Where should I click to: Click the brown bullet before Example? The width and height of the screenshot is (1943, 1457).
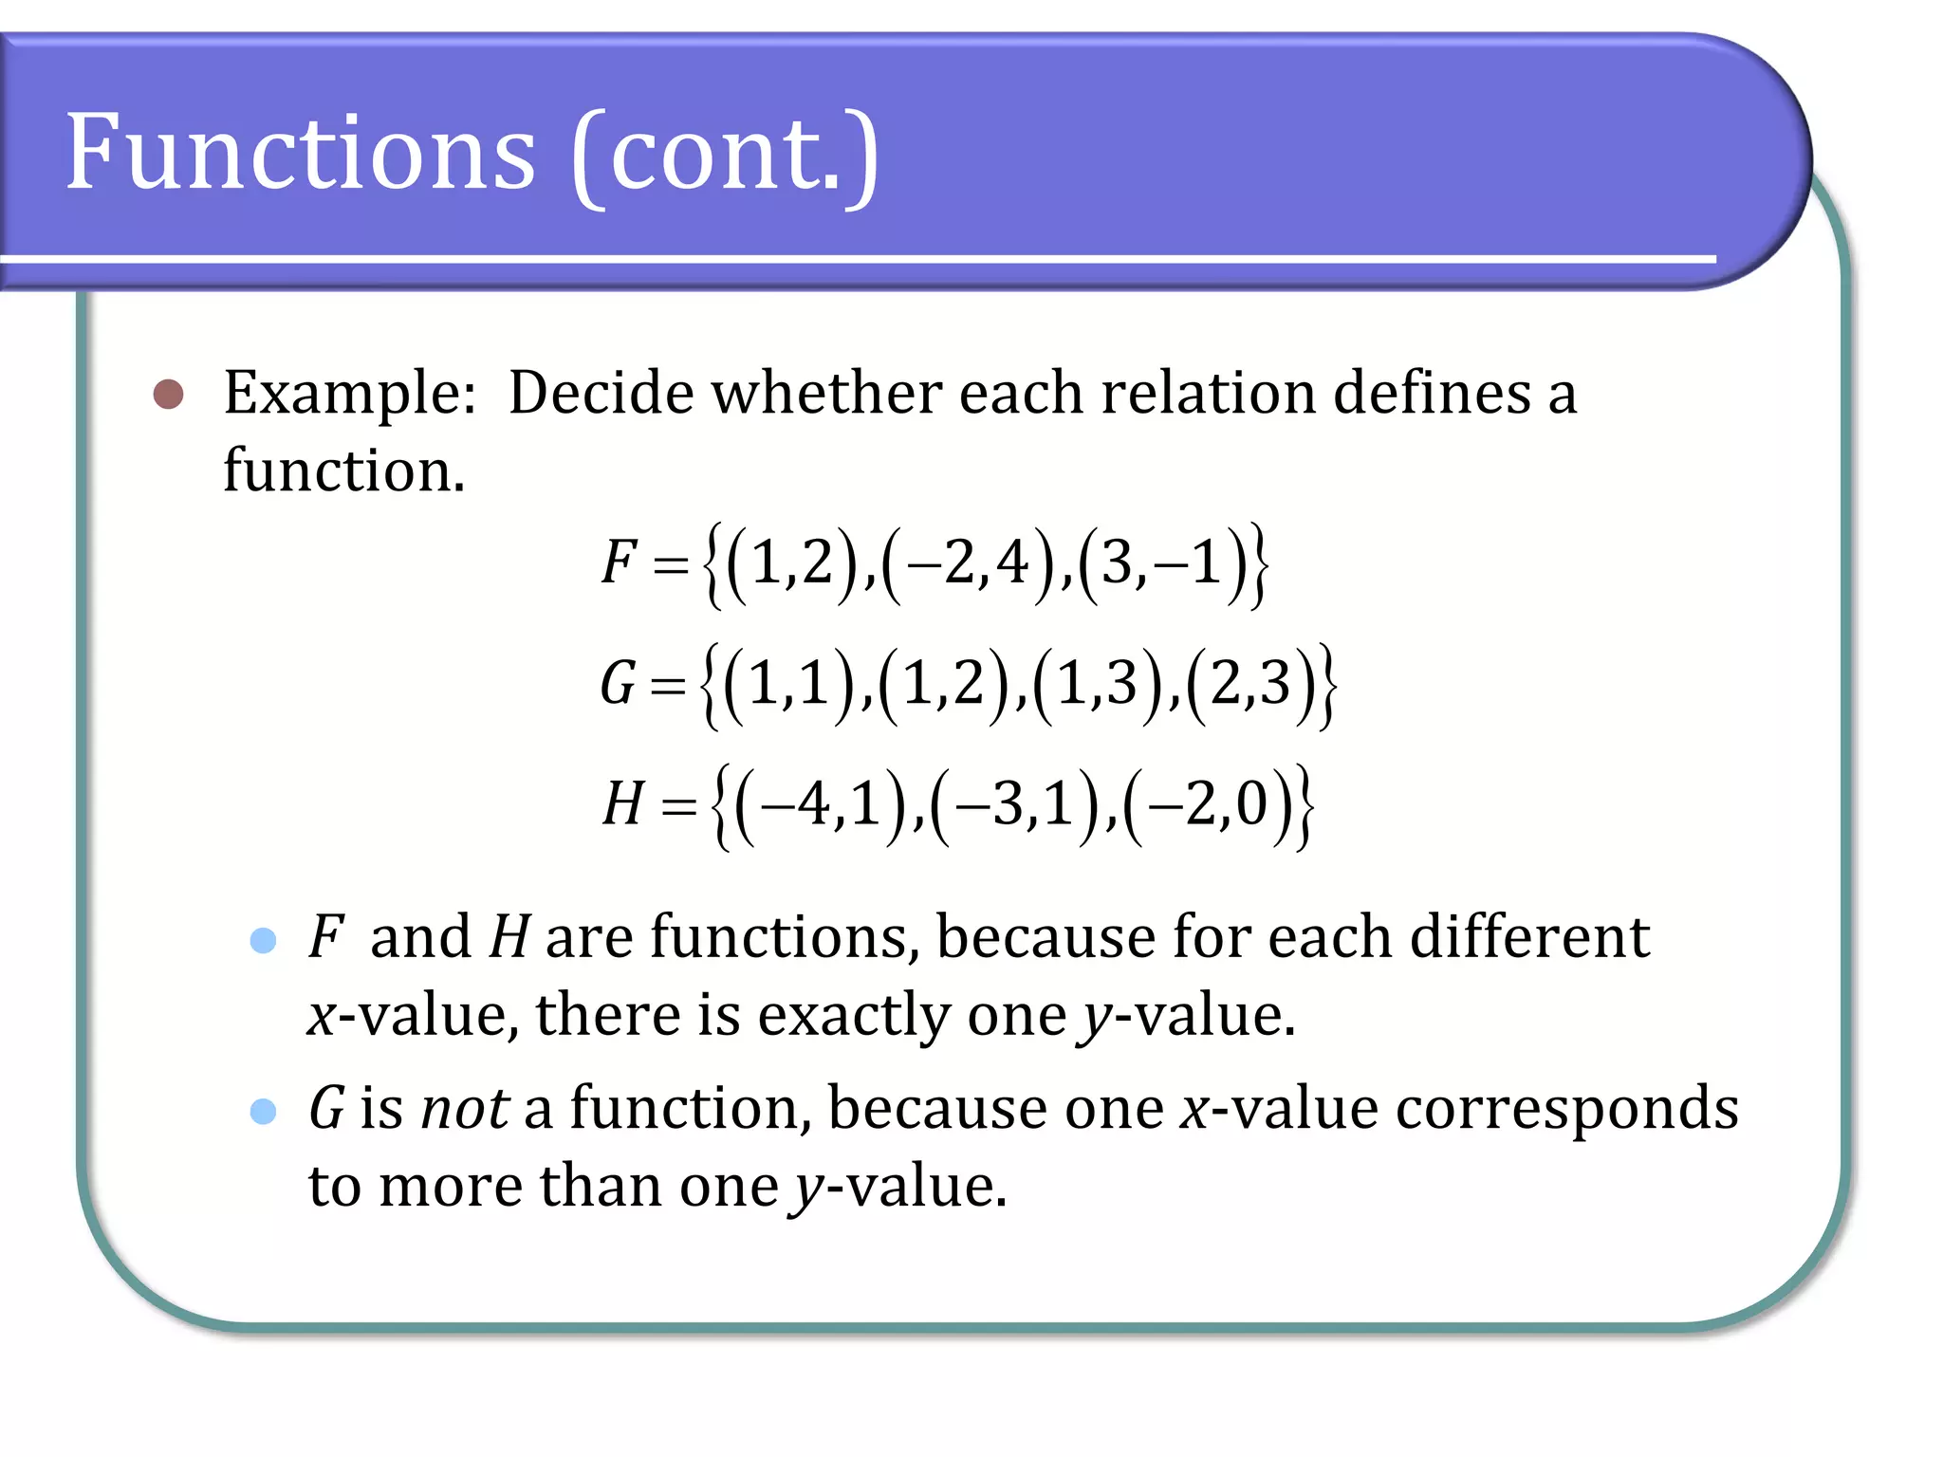coord(168,394)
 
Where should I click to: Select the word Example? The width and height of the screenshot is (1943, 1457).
coord(349,394)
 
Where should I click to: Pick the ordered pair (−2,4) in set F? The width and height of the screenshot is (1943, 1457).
coord(970,563)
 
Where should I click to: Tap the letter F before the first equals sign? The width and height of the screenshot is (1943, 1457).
coord(619,562)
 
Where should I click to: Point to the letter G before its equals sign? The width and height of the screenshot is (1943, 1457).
coord(618,683)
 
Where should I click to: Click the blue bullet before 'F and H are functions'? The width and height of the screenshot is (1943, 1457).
coord(263,940)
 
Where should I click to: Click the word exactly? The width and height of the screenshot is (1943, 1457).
coord(854,1016)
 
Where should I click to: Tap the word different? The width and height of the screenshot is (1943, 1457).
coord(1529,937)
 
